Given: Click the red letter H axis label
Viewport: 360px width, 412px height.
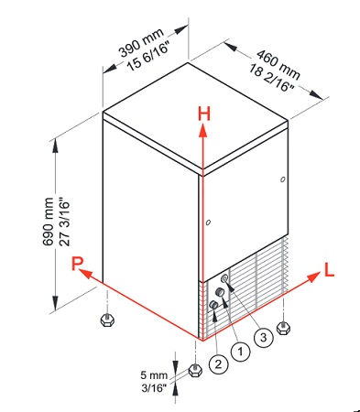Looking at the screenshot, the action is [204, 114].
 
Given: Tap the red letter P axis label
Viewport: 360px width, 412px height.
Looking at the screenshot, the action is [78, 264].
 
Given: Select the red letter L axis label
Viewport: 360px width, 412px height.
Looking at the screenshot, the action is [329, 270].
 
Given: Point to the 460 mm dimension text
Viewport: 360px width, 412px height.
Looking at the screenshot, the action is [278, 64].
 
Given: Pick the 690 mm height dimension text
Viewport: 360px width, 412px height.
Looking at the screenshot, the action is [48, 222].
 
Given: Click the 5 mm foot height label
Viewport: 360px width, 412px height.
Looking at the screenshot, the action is [154, 374].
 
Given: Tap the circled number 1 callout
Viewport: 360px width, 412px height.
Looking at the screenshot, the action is [240, 352].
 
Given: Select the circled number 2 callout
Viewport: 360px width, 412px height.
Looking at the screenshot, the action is [218, 364].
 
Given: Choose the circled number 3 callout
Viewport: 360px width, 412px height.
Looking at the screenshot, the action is [263, 337].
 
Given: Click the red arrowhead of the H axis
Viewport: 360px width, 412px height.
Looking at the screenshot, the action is [203, 129].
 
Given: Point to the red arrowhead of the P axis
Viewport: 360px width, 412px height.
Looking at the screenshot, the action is [86, 274].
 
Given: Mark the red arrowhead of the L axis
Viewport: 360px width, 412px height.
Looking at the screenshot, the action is [313, 277].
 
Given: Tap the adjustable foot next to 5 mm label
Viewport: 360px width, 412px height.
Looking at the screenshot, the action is [195, 370].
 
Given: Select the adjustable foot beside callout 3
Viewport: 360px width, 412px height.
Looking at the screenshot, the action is [283, 328].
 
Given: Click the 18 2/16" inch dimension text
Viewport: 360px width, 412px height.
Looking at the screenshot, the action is [271, 78].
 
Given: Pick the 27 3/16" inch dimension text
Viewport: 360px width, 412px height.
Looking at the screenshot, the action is [65, 222].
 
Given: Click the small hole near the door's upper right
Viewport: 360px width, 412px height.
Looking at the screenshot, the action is [283, 179].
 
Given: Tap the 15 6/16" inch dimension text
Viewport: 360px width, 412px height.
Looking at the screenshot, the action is [148, 58].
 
